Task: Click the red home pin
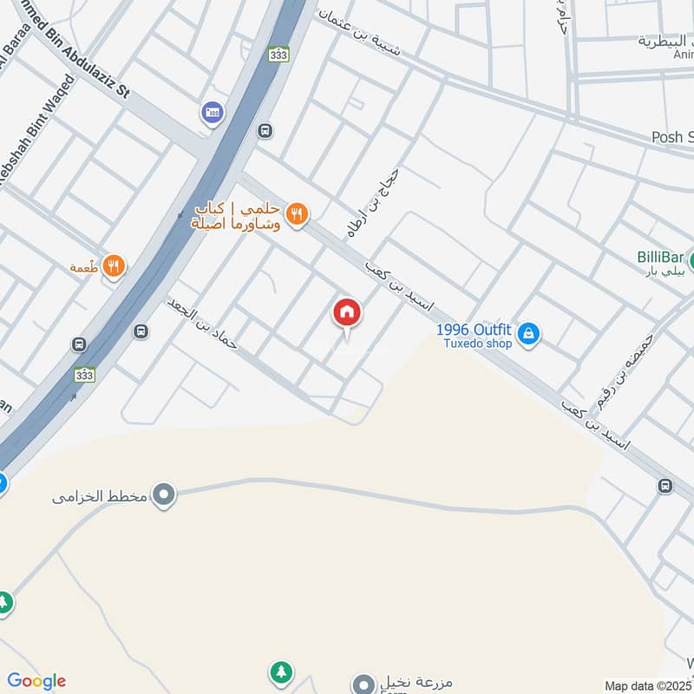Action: (x=347, y=313)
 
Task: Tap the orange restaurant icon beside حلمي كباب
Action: (x=297, y=213)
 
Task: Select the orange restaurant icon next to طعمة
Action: (x=113, y=266)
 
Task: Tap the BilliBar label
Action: (x=661, y=256)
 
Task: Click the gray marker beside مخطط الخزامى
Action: (x=163, y=495)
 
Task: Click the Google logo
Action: (x=36, y=681)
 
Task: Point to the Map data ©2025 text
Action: (x=649, y=686)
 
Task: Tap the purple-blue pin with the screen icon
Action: (x=211, y=112)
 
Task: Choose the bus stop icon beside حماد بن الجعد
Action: (x=141, y=331)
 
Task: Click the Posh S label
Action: (x=672, y=137)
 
